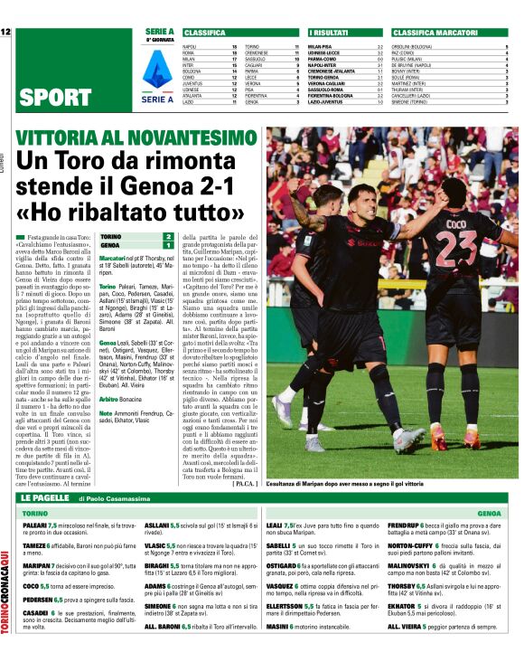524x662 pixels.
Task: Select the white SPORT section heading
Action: [55, 98]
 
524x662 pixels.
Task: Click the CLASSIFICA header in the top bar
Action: [205, 32]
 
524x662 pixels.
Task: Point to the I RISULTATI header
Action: [330, 32]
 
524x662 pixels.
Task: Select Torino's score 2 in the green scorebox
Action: [167, 236]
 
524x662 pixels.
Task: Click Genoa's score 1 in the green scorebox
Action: [167, 245]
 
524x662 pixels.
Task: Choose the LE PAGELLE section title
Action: [45, 497]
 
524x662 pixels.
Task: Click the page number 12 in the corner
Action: [5, 32]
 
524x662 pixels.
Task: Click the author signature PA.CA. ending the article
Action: [245, 484]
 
